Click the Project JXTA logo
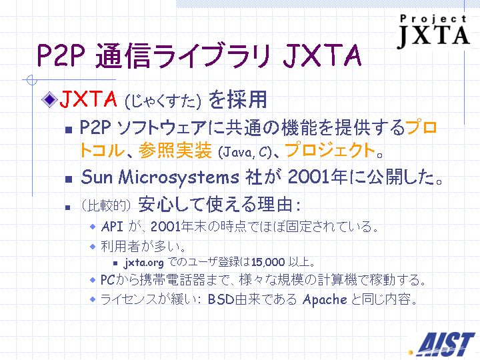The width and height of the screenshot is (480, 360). pyautogui.click(x=434, y=31)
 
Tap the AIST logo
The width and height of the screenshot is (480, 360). pyautogui.click(x=443, y=345)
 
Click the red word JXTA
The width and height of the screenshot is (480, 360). pyautogui.click(x=88, y=99)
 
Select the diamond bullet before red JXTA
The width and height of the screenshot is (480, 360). pyautogui.click(x=49, y=99)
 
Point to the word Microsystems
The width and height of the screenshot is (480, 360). pyautogui.click(x=179, y=178)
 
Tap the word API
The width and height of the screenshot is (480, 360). pyautogui.click(x=112, y=227)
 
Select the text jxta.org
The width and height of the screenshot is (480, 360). pyautogui.click(x=144, y=263)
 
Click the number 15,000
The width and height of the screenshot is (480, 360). pyautogui.click(x=268, y=263)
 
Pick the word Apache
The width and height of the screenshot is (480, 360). pyautogui.click(x=325, y=299)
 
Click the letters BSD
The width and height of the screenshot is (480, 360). pyautogui.click(x=221, y=299)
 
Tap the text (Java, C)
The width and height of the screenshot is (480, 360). pyautogui.click(x=245, y=152)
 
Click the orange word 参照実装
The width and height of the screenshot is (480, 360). pyautogui.click(x=175, y=150)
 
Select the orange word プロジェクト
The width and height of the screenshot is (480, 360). pyautogui.click(x=330, y=150)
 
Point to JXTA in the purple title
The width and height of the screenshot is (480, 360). pyautogui.click(x=323, y=55)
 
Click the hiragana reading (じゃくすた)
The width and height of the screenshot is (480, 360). pyautogui.click(x=163, y=101)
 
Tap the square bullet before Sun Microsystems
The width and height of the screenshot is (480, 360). pyautogui.click(x=69, y=179)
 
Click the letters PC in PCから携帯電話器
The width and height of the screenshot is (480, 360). pyautogui.click(x=108, y=280)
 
